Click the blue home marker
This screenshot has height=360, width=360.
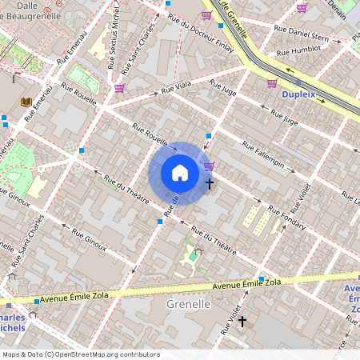[x=179, y=174]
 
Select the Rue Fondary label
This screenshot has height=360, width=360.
[x=286, y=218]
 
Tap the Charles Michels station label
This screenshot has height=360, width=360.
[x=12, y=321]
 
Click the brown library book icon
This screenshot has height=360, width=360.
[x=26, y=102]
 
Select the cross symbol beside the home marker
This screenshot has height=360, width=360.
[x=210, y=184]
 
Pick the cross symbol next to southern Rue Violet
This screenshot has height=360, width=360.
[x=242, y=321]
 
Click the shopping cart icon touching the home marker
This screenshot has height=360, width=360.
[x=209, y=166]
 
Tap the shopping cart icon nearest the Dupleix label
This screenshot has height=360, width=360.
[x=272, y=83]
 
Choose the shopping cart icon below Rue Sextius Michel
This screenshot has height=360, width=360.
[x=119, y=88]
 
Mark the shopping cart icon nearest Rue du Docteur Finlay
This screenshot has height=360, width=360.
[x=206, y=15]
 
